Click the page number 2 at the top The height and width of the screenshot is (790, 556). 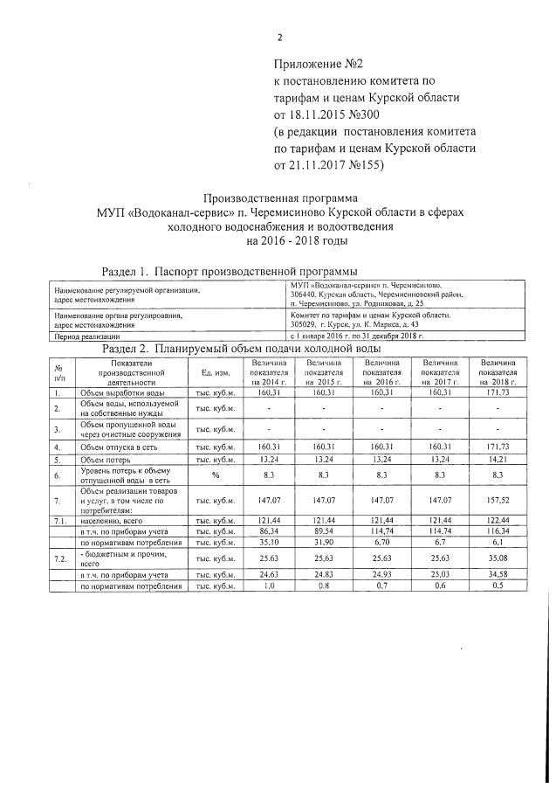(x=280, y=38)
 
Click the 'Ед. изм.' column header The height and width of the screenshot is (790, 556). (x=212, y=373)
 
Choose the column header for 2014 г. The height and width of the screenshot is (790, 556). (x=269, y=372)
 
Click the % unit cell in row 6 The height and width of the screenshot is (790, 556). (x=212, y=475)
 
